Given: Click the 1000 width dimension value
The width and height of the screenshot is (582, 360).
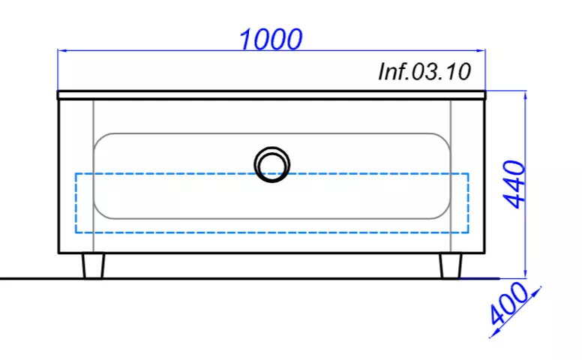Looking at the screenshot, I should point(271,38).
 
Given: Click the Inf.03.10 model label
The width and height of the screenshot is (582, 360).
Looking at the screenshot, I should point(424,73).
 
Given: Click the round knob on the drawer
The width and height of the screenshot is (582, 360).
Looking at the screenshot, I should point(271,164).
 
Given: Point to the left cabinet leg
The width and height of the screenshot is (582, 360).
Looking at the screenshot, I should point(93,265).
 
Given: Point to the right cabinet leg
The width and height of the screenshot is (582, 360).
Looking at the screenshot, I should point(451,265).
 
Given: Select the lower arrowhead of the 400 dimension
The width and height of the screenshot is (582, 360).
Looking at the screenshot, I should point(493,332).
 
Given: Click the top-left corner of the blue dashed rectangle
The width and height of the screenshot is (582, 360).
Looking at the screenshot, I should point(75,174).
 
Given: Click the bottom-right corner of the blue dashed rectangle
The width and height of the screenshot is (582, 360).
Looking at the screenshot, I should point(468,232).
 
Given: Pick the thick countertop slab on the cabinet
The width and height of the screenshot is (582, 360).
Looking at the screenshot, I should point(271,95).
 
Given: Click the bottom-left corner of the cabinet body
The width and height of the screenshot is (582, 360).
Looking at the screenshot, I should point(59,253).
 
